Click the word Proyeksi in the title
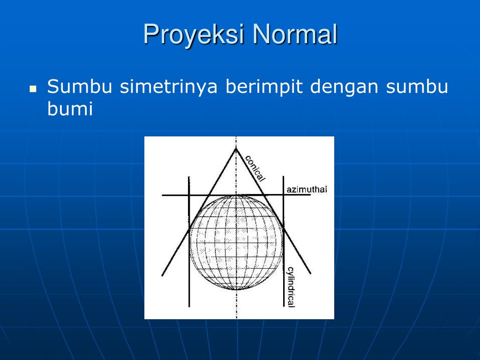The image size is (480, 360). point(194,34)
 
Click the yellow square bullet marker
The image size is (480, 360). point(33,89)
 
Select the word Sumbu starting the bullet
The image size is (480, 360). point(80,86)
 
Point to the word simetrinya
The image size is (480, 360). point(169,87)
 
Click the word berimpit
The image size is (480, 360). point(264,87)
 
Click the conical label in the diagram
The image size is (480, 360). point(255,168)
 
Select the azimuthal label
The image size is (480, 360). point(307,189)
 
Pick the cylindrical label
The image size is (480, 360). point(290,287)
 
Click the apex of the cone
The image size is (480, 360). point(236,149)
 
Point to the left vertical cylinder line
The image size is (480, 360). point(189,241)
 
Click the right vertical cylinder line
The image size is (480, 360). point(283,241)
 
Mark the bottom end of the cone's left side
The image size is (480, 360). point(162,276)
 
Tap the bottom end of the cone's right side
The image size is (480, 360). point(310,273)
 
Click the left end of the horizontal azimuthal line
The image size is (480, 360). point(162,195)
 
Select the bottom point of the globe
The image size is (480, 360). point(236,289)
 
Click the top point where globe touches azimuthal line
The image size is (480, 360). point(236,195)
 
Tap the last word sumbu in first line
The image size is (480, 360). point(417,86)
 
